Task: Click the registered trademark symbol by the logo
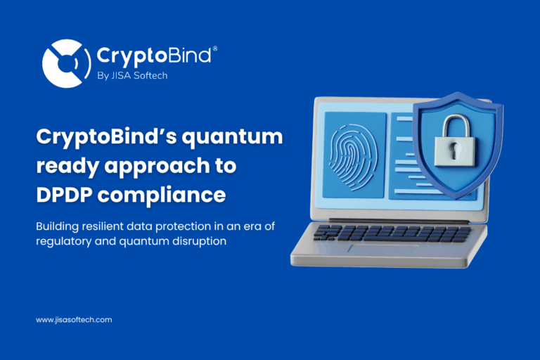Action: click(214, 48)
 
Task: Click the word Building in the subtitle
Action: click(57, 227)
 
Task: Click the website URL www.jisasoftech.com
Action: click(74, 320)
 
